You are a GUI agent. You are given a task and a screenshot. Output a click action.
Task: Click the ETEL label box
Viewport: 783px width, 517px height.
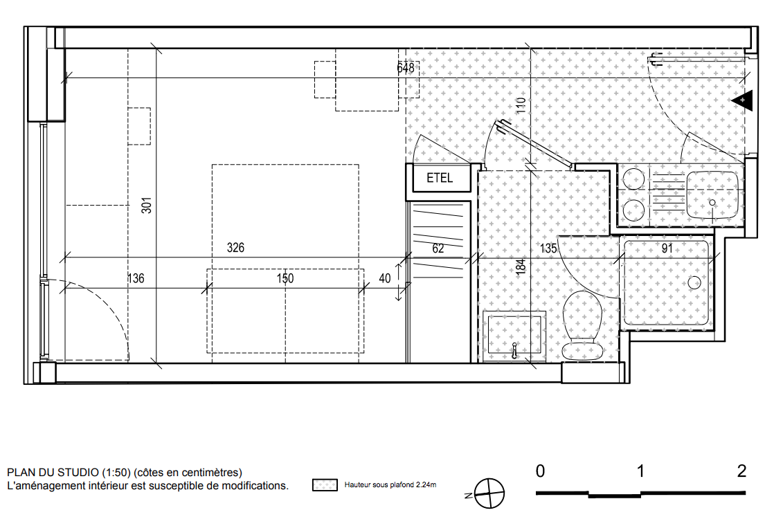click(440, 178)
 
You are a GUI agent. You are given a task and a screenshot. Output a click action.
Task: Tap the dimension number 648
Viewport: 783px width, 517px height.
click(406, 67)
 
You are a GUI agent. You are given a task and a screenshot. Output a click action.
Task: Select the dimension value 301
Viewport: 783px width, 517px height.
click(146, 206)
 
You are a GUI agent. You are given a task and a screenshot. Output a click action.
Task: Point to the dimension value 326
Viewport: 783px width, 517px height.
click(235, 248)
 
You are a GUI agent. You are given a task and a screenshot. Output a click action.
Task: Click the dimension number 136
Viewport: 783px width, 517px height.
click(136, 278)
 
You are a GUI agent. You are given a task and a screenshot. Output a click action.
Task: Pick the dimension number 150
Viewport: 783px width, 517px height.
click(285, 278)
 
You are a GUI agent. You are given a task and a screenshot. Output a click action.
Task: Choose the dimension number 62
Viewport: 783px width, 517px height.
click(438, 248)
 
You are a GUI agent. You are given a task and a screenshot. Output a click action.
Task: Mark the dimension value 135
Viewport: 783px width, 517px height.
click(548, 248)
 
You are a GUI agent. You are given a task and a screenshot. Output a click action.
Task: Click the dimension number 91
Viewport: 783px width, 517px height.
click(667, 248)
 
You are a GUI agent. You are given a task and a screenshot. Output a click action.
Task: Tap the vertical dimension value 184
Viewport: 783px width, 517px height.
click(521, 267)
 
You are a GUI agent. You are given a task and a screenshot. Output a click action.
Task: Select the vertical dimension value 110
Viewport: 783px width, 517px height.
click(521, 105)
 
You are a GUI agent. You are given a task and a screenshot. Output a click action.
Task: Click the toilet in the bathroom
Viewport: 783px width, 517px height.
click(582, 325)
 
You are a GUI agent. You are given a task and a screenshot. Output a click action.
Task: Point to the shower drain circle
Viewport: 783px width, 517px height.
click(694, 282)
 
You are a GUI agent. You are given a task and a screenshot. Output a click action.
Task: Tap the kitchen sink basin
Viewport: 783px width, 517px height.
click(712, 195)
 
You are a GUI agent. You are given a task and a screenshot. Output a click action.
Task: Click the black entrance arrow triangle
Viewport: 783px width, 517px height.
click(743, 100)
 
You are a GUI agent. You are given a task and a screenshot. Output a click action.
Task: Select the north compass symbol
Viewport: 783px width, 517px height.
click(488, 493)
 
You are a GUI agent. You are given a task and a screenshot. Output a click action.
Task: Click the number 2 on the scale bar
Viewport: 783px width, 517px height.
click(741, 471)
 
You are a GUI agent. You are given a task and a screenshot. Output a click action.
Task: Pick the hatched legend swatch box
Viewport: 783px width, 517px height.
click(325, 484)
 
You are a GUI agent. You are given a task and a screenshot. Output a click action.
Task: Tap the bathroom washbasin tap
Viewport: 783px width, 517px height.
click(514, 351)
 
